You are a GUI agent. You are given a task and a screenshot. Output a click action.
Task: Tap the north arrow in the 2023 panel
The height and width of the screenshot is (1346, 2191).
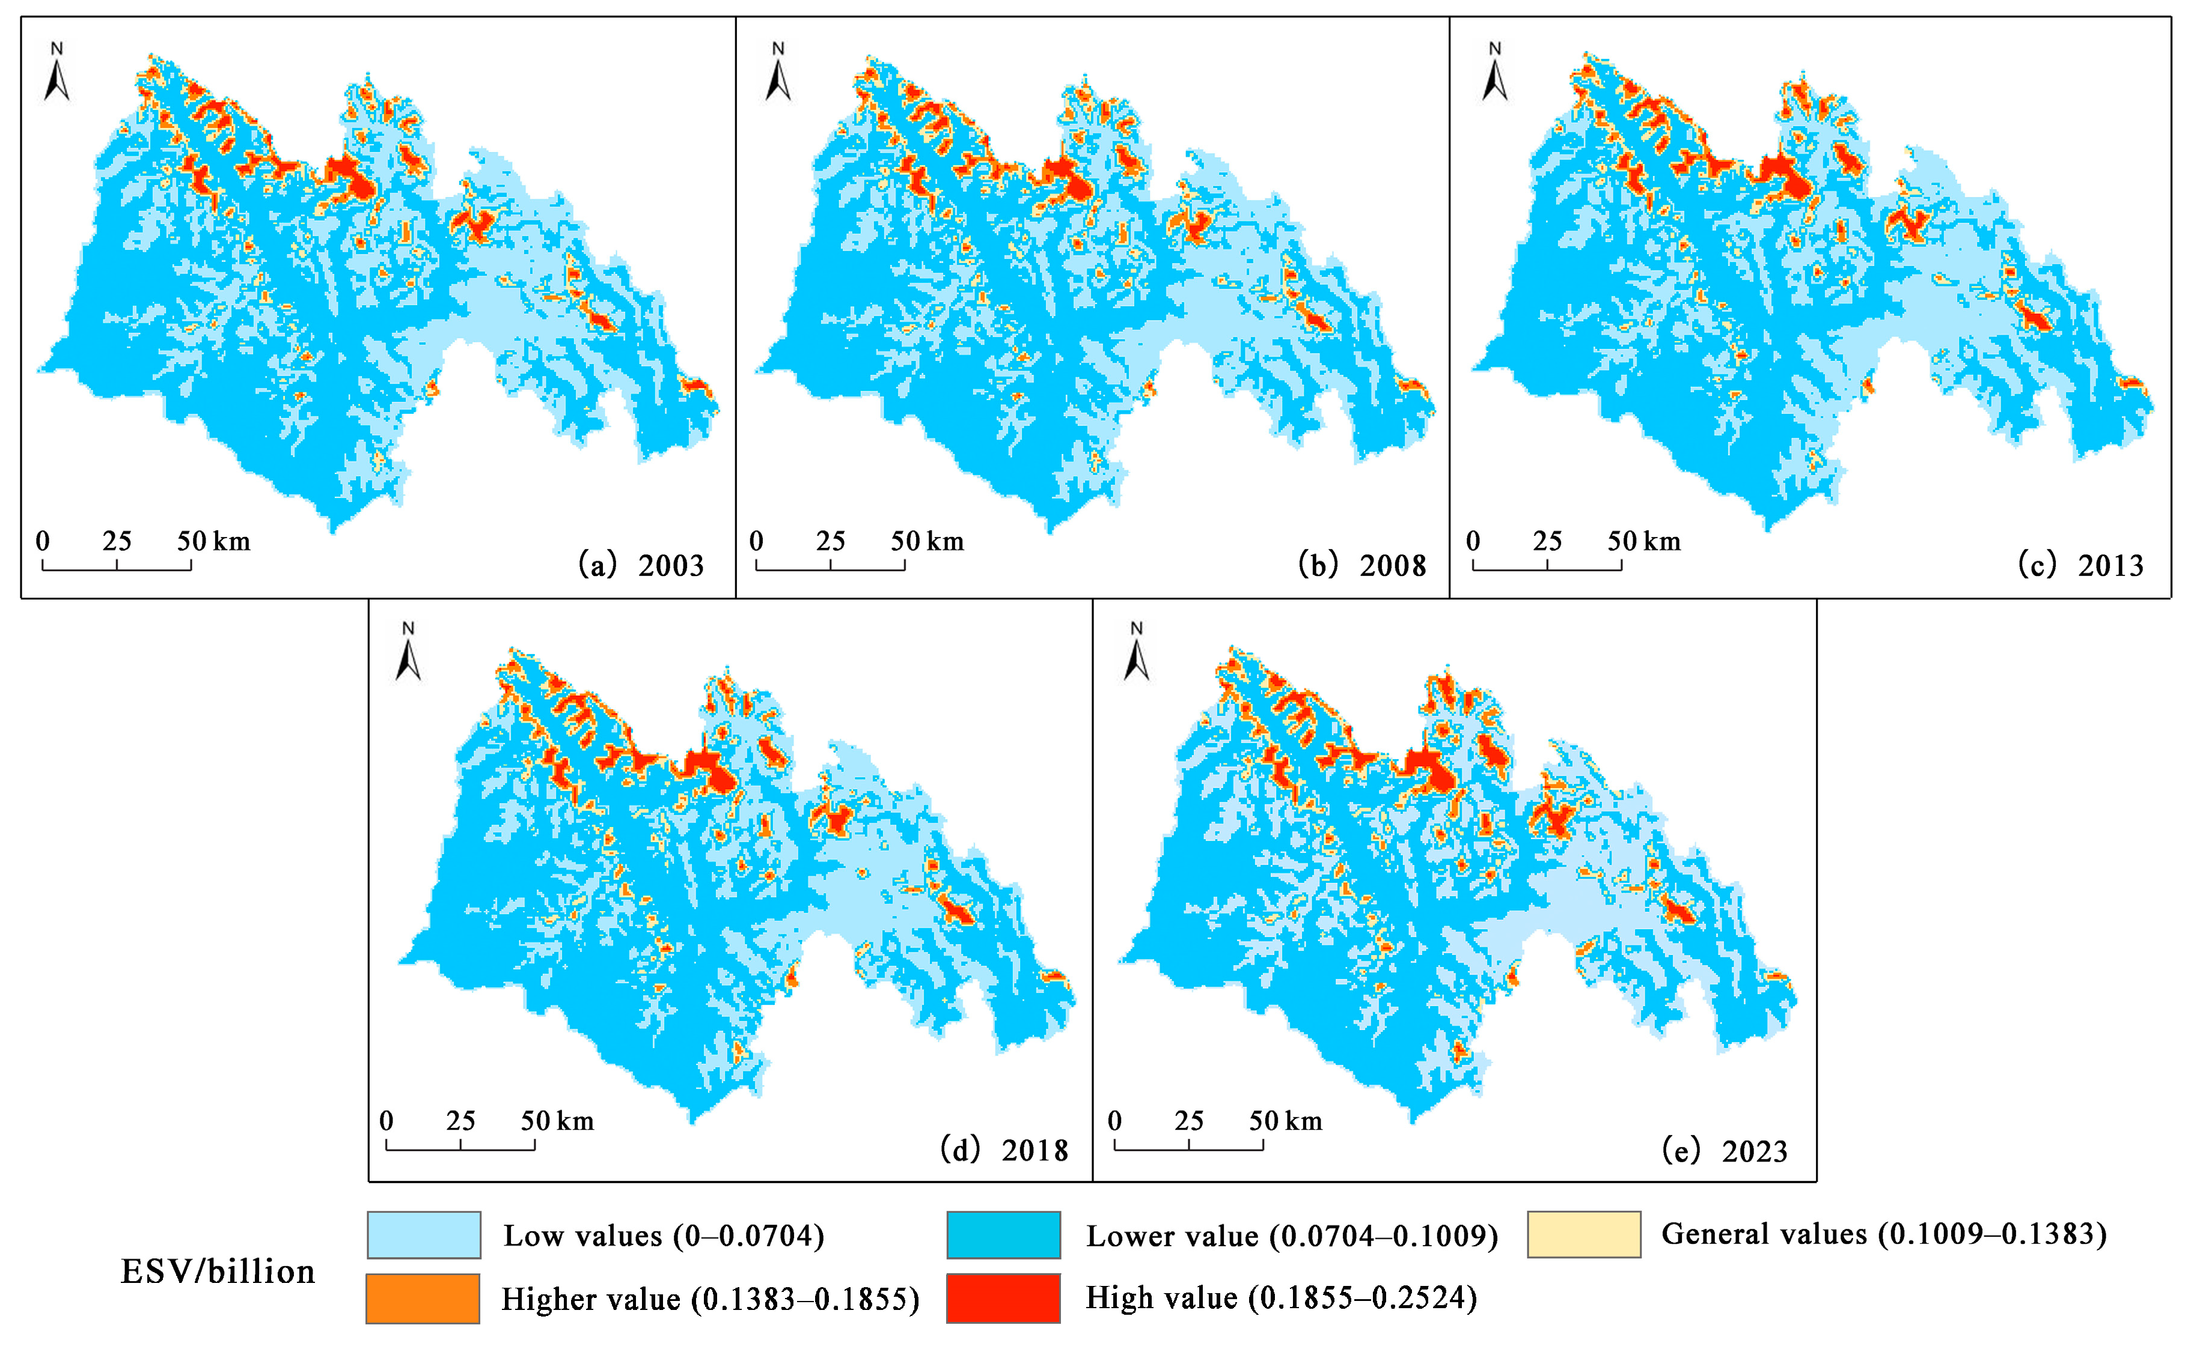pos(1137,654)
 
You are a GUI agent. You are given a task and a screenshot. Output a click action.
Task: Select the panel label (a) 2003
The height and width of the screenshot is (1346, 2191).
pos(641,565)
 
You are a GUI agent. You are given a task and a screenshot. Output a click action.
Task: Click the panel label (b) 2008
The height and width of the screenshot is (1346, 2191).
pos(1363,565)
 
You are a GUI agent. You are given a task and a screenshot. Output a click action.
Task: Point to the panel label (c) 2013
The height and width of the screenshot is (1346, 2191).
pos(2080,565)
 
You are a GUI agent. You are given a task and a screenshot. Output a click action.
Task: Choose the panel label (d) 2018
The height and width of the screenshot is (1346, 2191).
pos(1004,1150)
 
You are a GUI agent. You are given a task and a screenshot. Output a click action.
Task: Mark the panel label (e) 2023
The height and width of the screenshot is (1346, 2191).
pos(1725,1151)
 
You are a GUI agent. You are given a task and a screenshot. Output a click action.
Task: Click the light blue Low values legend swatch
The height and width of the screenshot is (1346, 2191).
pos(424,1235)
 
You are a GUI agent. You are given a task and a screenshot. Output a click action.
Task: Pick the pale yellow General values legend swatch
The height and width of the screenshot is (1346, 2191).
pos(1583,1234)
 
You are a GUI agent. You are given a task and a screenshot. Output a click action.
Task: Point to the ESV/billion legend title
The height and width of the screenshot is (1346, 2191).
pos(218,1271)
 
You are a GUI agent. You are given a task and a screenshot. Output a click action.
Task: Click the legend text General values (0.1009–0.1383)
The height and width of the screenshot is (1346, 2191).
pos(1884,1234)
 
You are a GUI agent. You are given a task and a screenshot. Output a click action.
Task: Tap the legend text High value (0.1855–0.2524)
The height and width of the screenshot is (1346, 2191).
pos(1281,1298)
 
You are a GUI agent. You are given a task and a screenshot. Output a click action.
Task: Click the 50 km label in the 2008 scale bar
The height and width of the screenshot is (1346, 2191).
pos(927,541)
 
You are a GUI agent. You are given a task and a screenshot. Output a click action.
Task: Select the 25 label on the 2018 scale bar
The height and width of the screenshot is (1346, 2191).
pos(460,1121)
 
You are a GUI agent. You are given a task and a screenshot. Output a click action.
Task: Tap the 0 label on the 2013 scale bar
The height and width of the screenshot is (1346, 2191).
pos(1473,541)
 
